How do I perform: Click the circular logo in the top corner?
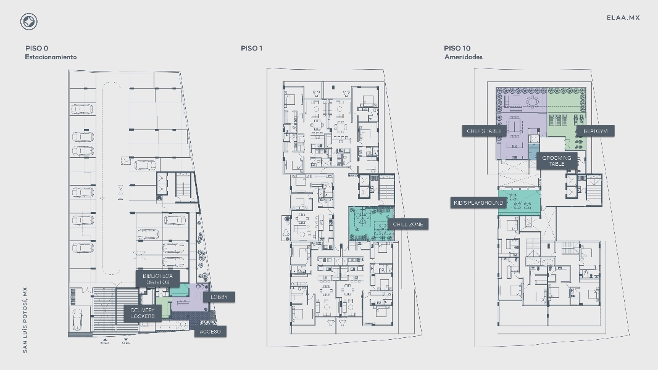tap(28, 22)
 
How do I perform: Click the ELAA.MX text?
tap(623, 18)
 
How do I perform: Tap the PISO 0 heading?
tap(37, 48)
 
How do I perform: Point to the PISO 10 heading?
tap(457, 48)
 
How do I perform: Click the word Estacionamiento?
tap(51, 57)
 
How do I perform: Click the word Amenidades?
tap(464, 57)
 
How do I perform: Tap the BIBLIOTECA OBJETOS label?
tap(157, 279)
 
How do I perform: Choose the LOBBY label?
tap(219, 297)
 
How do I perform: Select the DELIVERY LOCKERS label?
tap(143, 313)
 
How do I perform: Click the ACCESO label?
tap(209, 332)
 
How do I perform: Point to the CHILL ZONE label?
tap(408, 224)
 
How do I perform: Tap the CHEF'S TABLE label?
tap(485, 131)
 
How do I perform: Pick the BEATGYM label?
tap(596, 131)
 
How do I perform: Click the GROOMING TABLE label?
tap(557, 161)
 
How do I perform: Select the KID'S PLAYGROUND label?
tap(478, 203)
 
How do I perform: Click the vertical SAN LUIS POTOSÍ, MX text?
tap(25, 320)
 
